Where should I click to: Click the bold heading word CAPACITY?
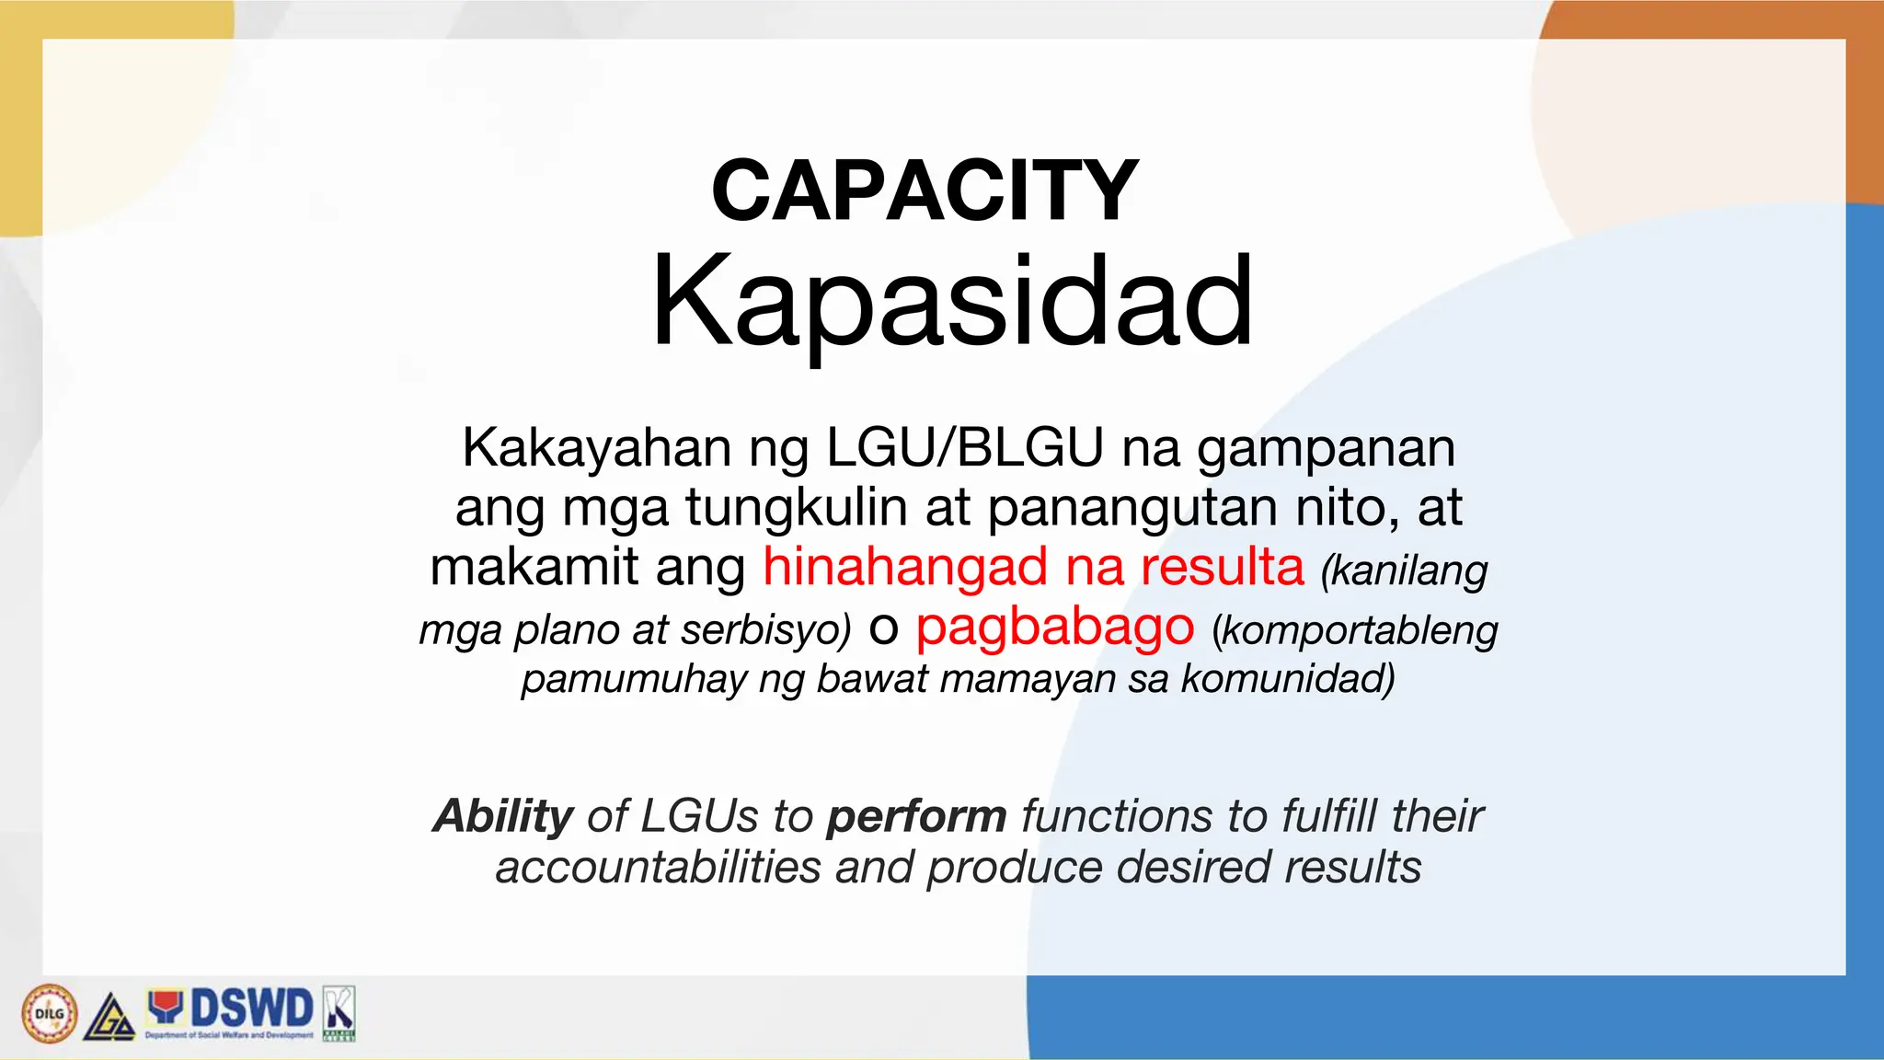925,191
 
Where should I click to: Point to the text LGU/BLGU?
964,448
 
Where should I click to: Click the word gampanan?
1326,450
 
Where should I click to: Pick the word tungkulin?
796,508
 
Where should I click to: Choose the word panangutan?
1132,509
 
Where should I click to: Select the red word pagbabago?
1054,628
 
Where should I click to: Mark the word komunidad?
1287,679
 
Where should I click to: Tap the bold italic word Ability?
503,816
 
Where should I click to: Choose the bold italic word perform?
916,818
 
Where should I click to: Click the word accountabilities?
658,867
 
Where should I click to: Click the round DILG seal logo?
50,1013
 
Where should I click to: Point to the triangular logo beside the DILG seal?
110,1017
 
